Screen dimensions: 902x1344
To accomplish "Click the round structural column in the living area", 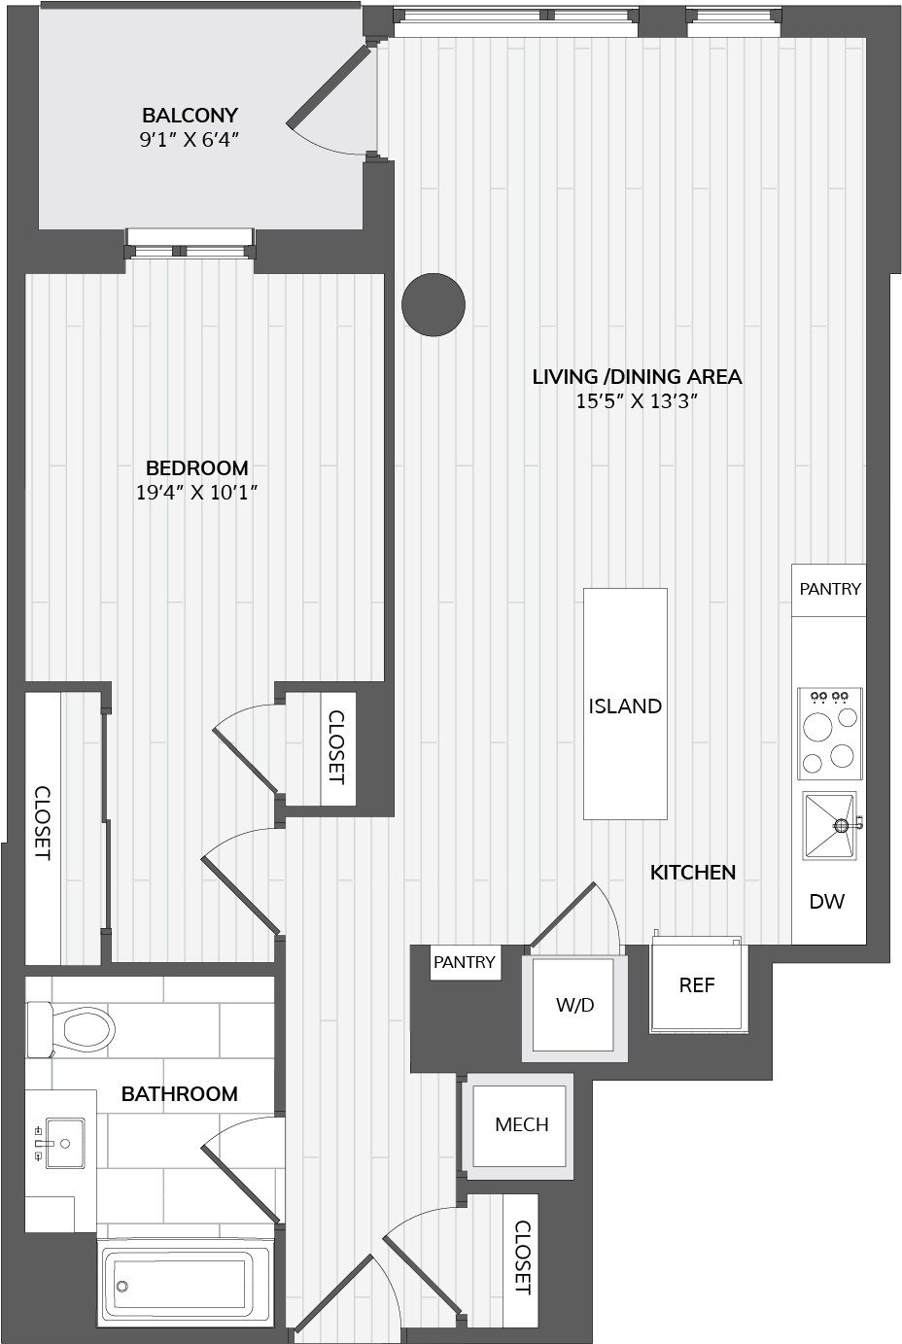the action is pyautogui.click(x=434, y=305).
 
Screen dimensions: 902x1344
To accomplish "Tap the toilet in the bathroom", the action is pyautogui.click(x=71, y=1029).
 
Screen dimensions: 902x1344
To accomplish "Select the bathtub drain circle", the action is pyautogui.click(x=122, y=1287).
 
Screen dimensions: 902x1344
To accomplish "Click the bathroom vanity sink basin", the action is pyautogui.click(x=65, y=1144).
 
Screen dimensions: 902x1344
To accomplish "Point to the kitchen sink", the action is pyautogui.click(x=829, y=826).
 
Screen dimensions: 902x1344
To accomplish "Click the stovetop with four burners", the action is pyautogui.click(x=830, y=733).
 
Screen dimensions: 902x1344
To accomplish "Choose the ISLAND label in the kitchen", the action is pyautogui.click(x=625, y=706).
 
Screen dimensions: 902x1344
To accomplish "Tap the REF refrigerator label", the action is pyautogui.click(x=697, y=985).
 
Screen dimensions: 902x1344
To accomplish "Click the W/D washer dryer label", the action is pyautogui.click(x=574, y=1005).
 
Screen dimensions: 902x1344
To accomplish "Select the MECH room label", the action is pyautogui.click(x=522, y=1124).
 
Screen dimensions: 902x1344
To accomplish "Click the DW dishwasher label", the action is pyautogui.click(x=827, y=901).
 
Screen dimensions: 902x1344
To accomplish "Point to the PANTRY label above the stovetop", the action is pyautogui.click(x=830, y=589).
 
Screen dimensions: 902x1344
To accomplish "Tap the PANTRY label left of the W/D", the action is pyautogui.click(x=465, y=962).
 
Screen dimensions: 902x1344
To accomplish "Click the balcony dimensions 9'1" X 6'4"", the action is pyautogui.click(x=190, y=140).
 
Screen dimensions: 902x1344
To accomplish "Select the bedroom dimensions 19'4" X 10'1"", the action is pyautogui.click(x=197, y=493).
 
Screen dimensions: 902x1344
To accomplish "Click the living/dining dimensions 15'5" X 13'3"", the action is pyautogui.click(x=637, y=401).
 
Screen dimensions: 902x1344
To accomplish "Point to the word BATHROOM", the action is pyautogui.click(x=180, y=1094).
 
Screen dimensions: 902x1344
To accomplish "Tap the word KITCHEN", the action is pyautogui.click(x=693, y=873).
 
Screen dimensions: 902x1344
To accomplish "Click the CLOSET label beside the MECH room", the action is pyautogui.click(x=522, y=1258).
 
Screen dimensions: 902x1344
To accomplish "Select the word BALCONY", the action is pyautogui.click(x=190, y=115).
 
